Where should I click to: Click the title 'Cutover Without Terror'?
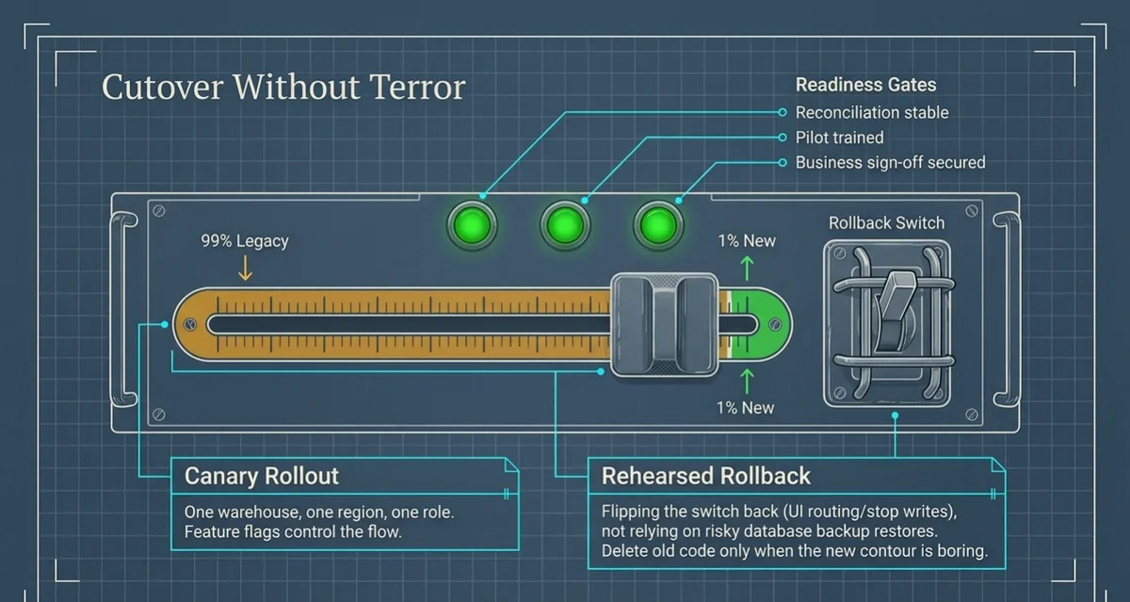(283, 87)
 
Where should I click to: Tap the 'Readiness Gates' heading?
(865, 85)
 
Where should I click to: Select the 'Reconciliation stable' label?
(872, 112)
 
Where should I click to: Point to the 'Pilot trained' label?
(839, 138)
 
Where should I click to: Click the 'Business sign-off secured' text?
(891, 162)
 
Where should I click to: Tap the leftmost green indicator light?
(472, 225)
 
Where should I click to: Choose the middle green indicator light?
(565, 225)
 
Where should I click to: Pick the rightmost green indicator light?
(658, 225)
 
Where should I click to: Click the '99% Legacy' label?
(245, 240)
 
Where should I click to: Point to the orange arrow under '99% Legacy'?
(245, 268)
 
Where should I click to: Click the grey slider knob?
(665, 325)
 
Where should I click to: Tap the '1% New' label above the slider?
(747, 240)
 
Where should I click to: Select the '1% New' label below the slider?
(745, 408)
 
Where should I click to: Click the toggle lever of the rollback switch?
(894, 311)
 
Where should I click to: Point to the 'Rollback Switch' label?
(886, 222)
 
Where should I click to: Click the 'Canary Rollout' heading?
(262, 476)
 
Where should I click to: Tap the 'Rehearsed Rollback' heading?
(705, 476)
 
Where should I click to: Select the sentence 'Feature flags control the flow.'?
(293, 532)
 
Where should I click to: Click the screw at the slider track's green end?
(775, 324)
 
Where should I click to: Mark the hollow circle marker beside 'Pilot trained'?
(783, 138)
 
